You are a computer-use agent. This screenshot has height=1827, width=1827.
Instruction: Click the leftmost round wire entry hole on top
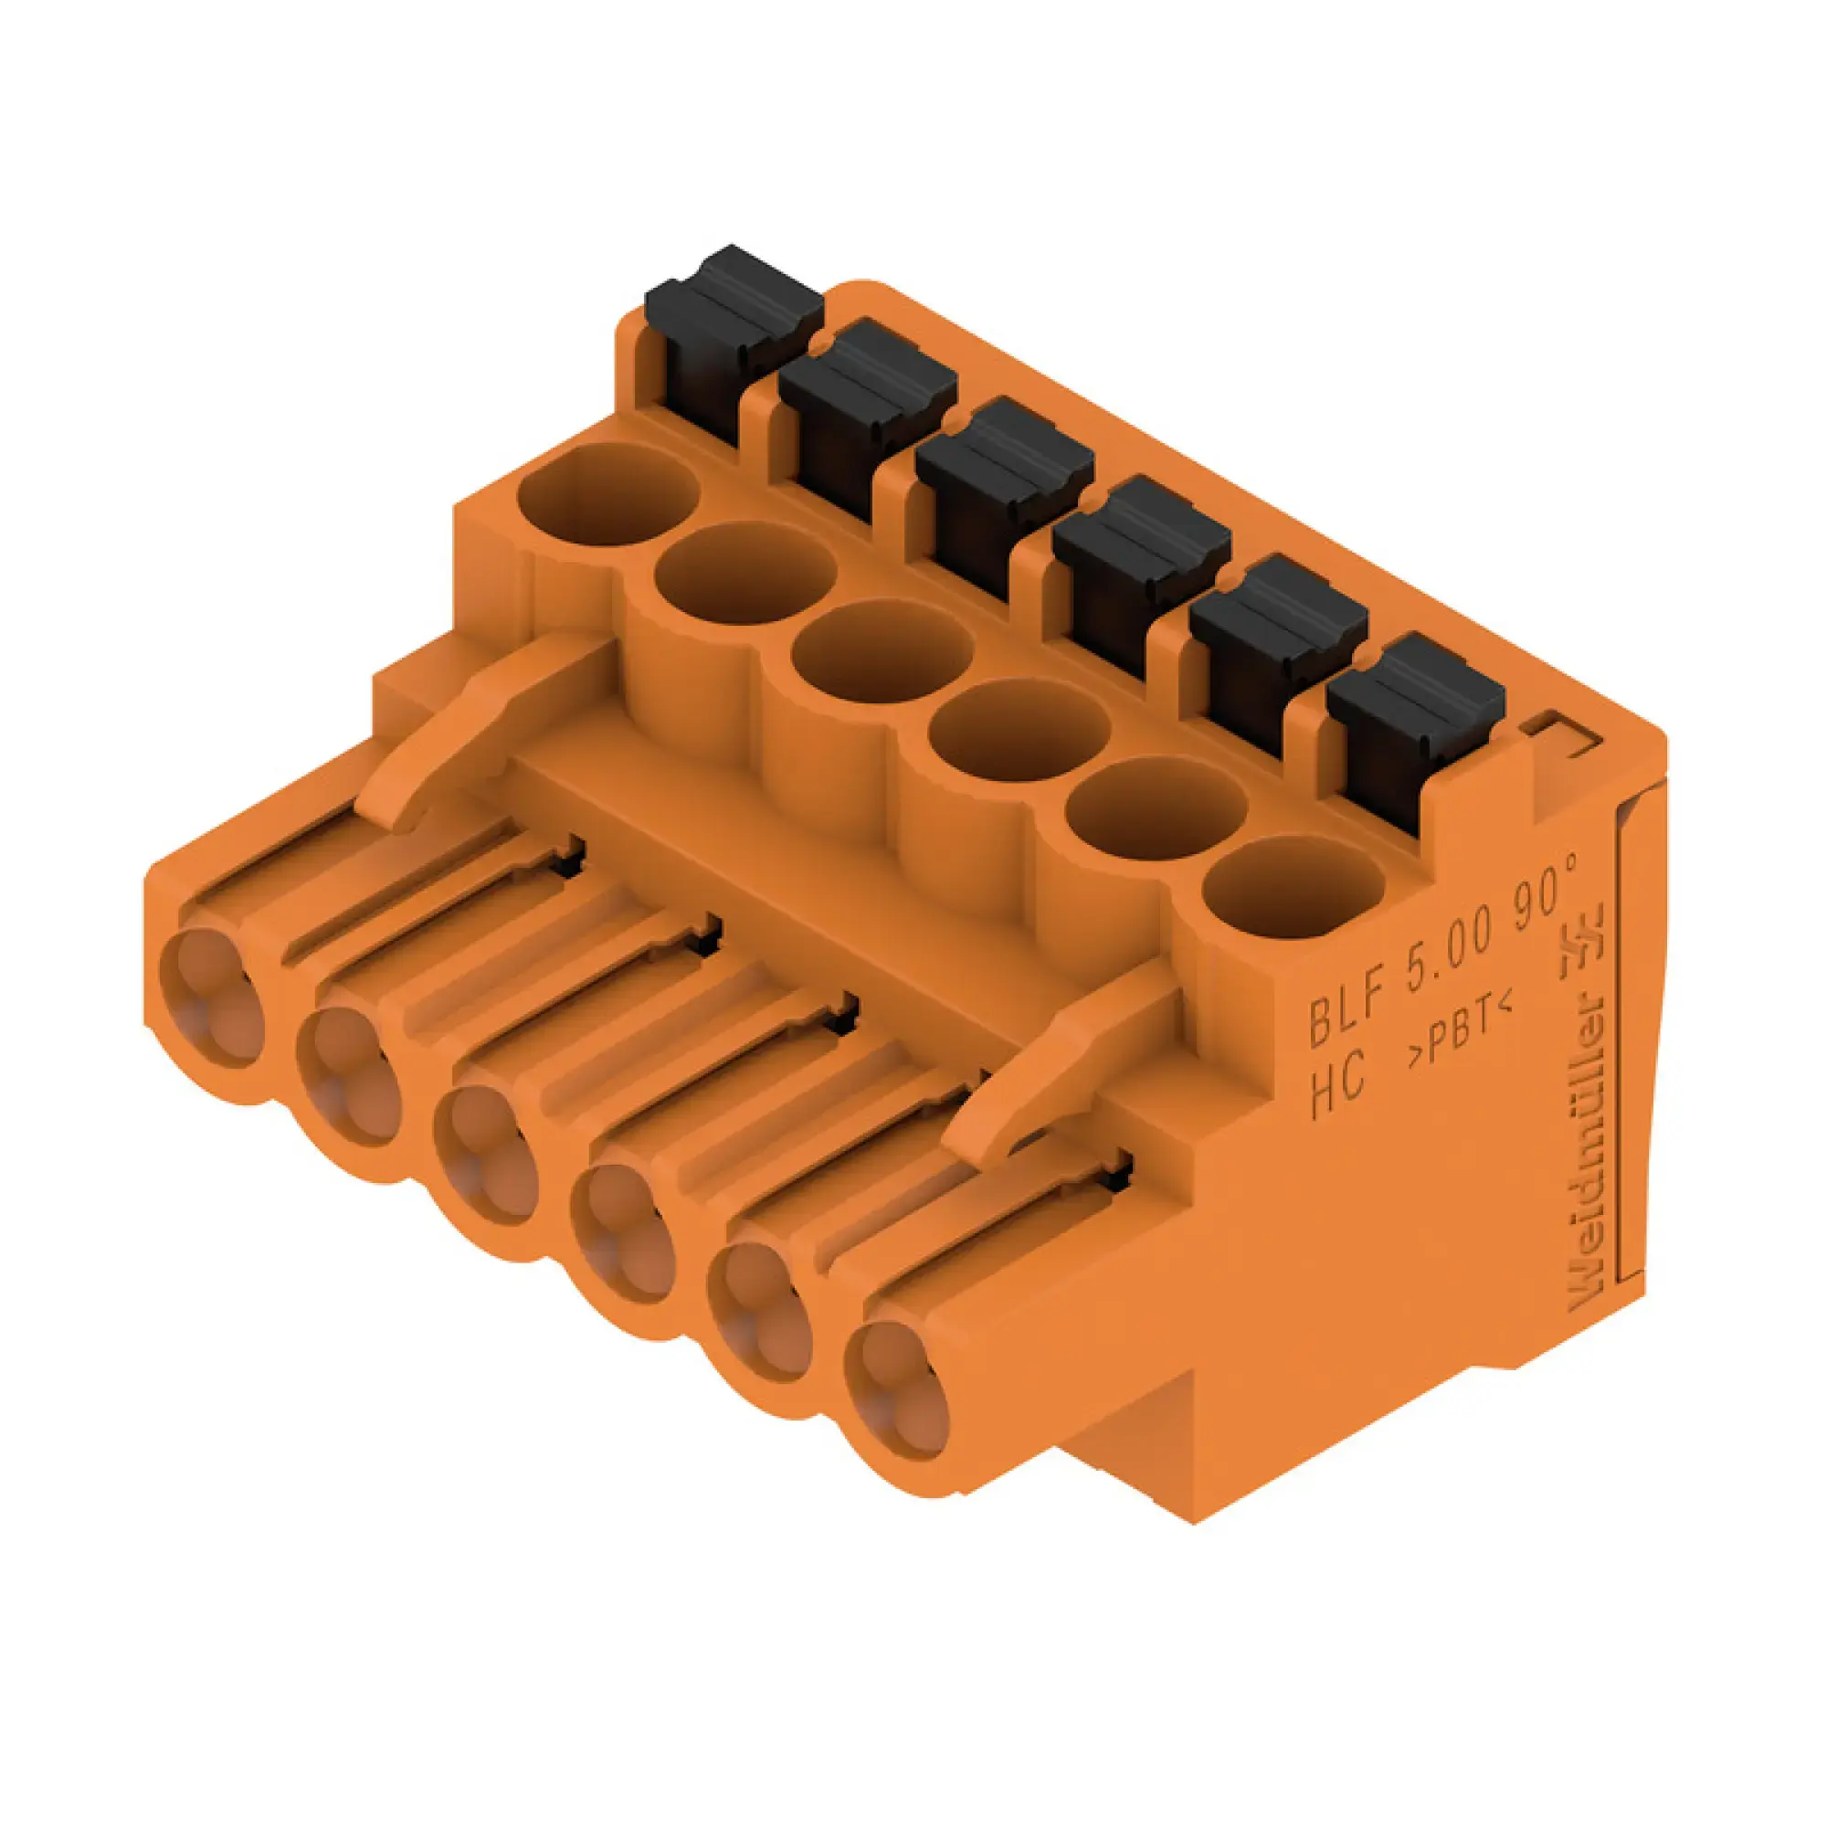[609, 494]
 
